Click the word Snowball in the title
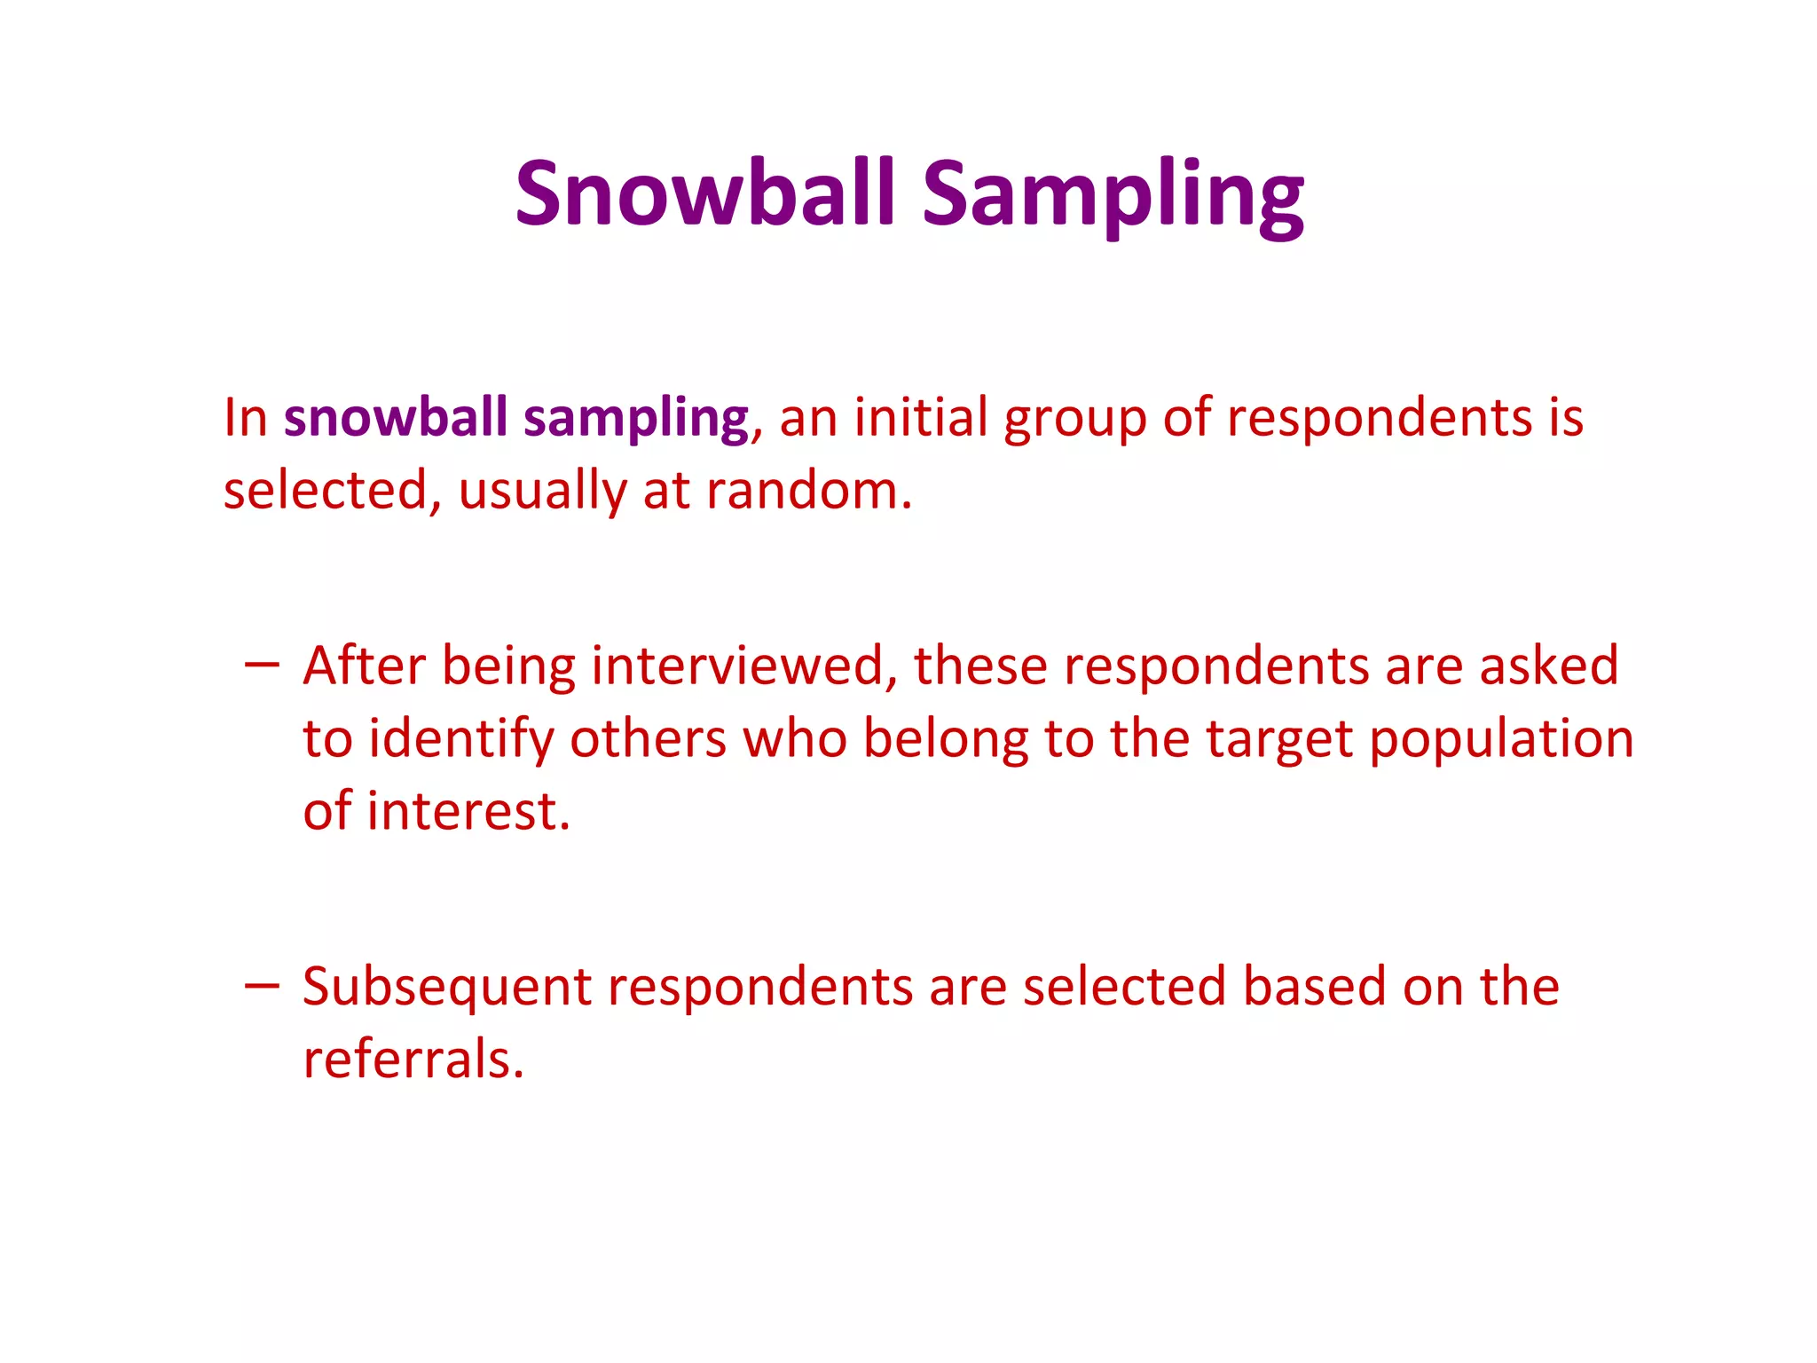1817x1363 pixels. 705,193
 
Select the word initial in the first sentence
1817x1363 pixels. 920,417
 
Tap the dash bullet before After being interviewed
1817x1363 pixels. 262,663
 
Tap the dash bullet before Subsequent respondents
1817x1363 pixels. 262,984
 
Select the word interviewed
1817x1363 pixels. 744,666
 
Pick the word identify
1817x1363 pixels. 460,739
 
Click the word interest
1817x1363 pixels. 468,811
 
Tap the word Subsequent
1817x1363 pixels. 446,988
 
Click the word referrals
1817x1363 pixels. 413,1059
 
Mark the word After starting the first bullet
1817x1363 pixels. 364,666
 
